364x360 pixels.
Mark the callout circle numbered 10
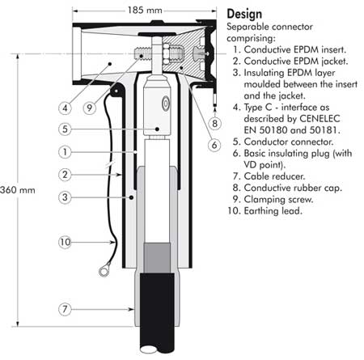coord(64,240)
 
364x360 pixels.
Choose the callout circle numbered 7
coord(64,308)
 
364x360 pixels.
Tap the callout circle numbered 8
coord(215,124)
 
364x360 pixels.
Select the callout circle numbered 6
coord(214,145)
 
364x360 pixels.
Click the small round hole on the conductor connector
coord(164,103)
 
